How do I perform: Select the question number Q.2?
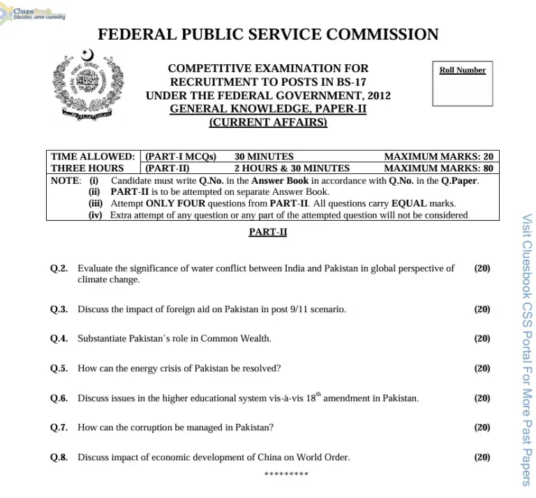tap(59, 268)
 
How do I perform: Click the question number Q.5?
tap(59, 368)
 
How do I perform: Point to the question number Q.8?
tap(59, 457)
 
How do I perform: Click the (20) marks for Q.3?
tap(482, 309)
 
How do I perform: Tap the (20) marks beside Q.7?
tap(482, 427)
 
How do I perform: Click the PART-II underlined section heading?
tap(268, 232)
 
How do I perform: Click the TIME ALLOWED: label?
tap(93, 157)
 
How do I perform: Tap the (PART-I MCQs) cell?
tap(180, 157)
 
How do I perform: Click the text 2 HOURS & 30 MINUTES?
tap(292, 168)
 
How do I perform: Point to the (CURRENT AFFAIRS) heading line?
tap(268, 123)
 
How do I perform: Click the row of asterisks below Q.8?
tap(286, 474)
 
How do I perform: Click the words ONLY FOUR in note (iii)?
tap(175, 204)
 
